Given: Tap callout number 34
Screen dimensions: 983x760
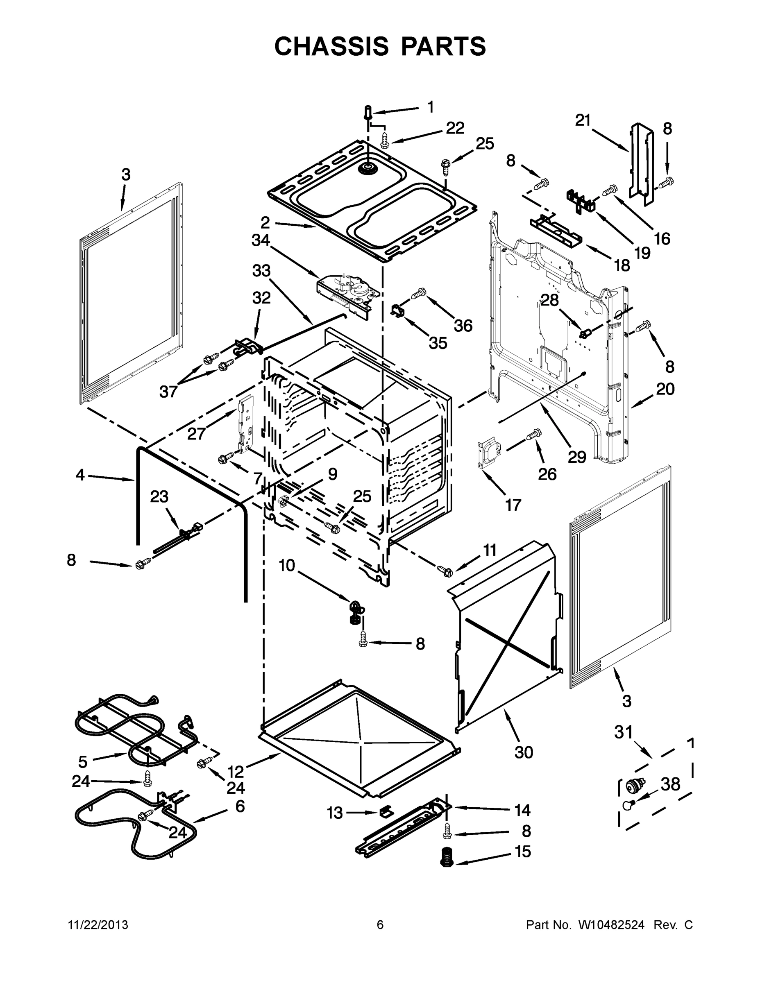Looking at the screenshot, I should click(x=261, y=240).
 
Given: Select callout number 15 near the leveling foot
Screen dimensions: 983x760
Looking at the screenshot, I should click(x=523, y=851).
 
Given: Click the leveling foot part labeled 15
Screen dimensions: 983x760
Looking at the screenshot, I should click(x=446, y=856).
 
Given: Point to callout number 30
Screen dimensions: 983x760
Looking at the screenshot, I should click(x=524, y=752).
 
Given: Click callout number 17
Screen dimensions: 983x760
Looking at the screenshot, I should click(x=513, y=505).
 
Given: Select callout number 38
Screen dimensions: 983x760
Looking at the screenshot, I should click(x=670, y=784).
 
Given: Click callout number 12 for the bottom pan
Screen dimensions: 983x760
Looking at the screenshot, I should click(x=236, y=772).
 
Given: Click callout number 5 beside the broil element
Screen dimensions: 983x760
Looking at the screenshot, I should click(x=82, y=761).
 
